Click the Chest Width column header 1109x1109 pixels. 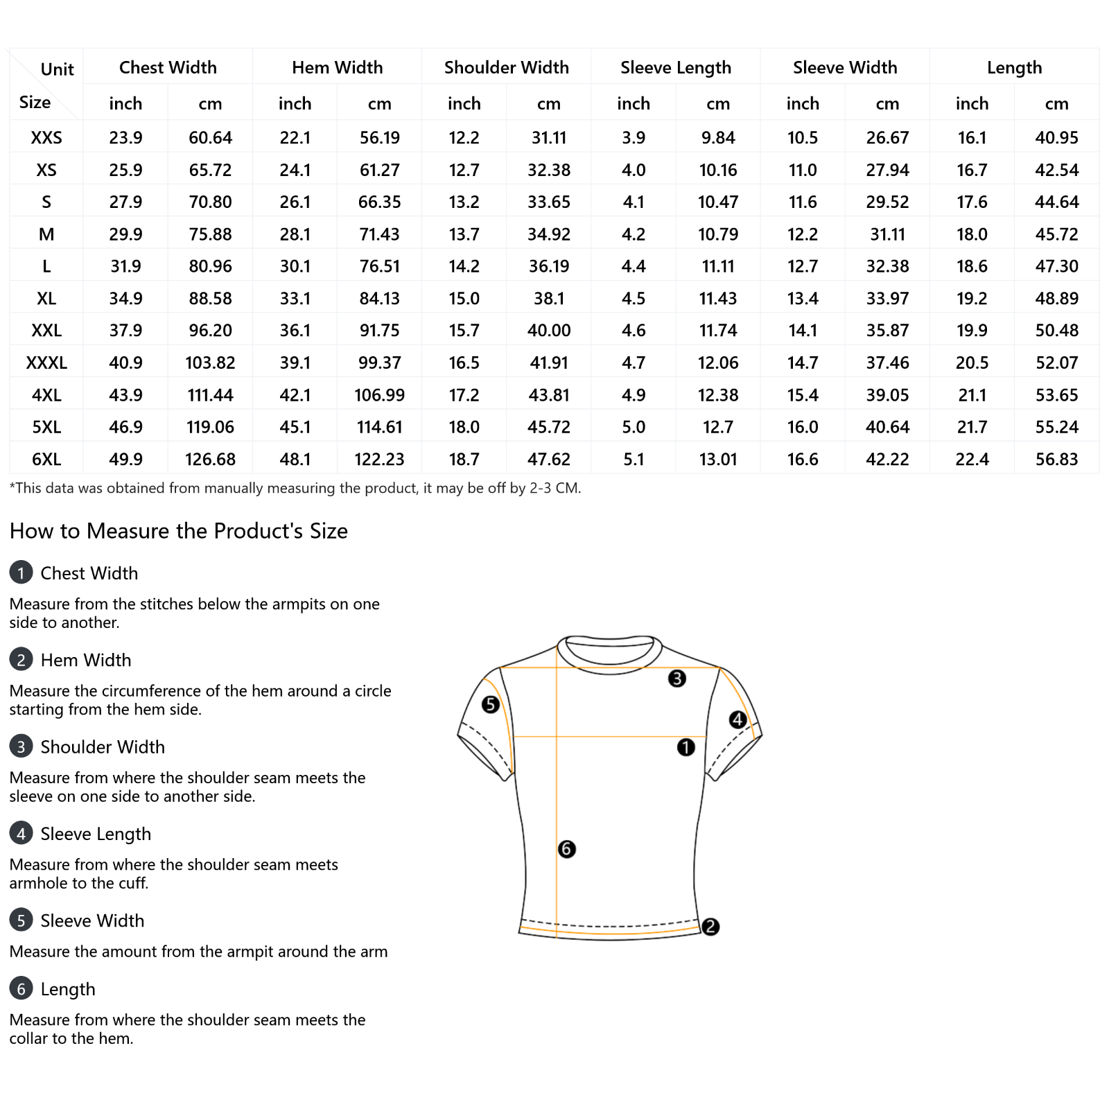point(168,67)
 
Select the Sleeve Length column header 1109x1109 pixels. point(675,67)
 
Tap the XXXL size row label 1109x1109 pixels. point(46,363)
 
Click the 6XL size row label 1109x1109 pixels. point(46,459)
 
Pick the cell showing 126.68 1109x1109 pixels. point(210,459)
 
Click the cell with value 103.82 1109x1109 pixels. point(210,363)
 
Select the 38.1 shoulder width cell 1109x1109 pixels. point(548,298)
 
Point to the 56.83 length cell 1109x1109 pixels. point(1056,459)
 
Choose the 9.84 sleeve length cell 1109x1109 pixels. point(717,137)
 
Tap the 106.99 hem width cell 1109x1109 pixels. point(379,395)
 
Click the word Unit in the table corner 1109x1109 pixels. point(57,69)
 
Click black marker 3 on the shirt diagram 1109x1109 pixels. point(677,679)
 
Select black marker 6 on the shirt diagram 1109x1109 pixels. point(566,849)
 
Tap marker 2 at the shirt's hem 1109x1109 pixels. point(710,927)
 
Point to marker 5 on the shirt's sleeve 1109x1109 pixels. point(491,705)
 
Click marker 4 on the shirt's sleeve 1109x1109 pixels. point(737,719)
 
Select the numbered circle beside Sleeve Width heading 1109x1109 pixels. point(21,920)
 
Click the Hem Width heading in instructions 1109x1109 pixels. point(86,660)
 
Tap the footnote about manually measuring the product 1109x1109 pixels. point(295,488)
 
